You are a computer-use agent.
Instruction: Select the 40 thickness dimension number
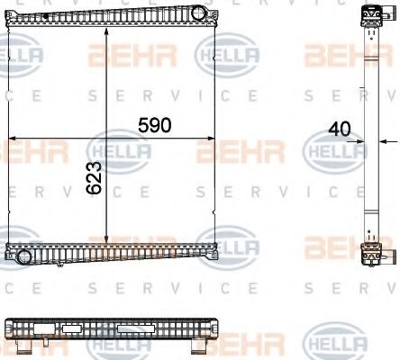341,129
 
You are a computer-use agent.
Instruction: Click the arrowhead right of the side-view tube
383,140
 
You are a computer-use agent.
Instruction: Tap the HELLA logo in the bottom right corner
335,343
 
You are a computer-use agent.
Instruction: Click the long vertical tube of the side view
368,135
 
